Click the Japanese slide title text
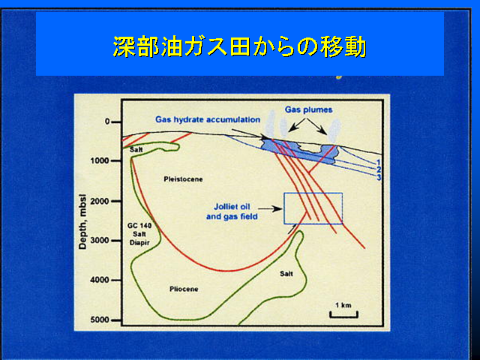tap(240, 46)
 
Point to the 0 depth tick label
tap(107, 121)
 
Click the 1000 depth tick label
tap(100, 160)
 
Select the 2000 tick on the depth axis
tap(100, 201)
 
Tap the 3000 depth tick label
tap(100, 241)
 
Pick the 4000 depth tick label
tap(100, 280)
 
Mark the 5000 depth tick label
tap(100, 320)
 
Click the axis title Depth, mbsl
tap(82, 222)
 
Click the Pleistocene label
tap(183, 179)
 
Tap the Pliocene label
tap(184, 289)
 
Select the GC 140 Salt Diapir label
tap(139, 234)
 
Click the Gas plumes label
tap(308, 109)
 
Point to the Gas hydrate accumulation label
tap(208, 119)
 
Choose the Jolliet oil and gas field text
tap(232, 211)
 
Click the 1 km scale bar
tap(343, 315)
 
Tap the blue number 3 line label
tap(379, 177)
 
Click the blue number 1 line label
tap(378, 162)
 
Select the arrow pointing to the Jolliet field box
tap(271, 209)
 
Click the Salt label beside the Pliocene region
tap(286, 274)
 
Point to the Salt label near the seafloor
tap(136, 150)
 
